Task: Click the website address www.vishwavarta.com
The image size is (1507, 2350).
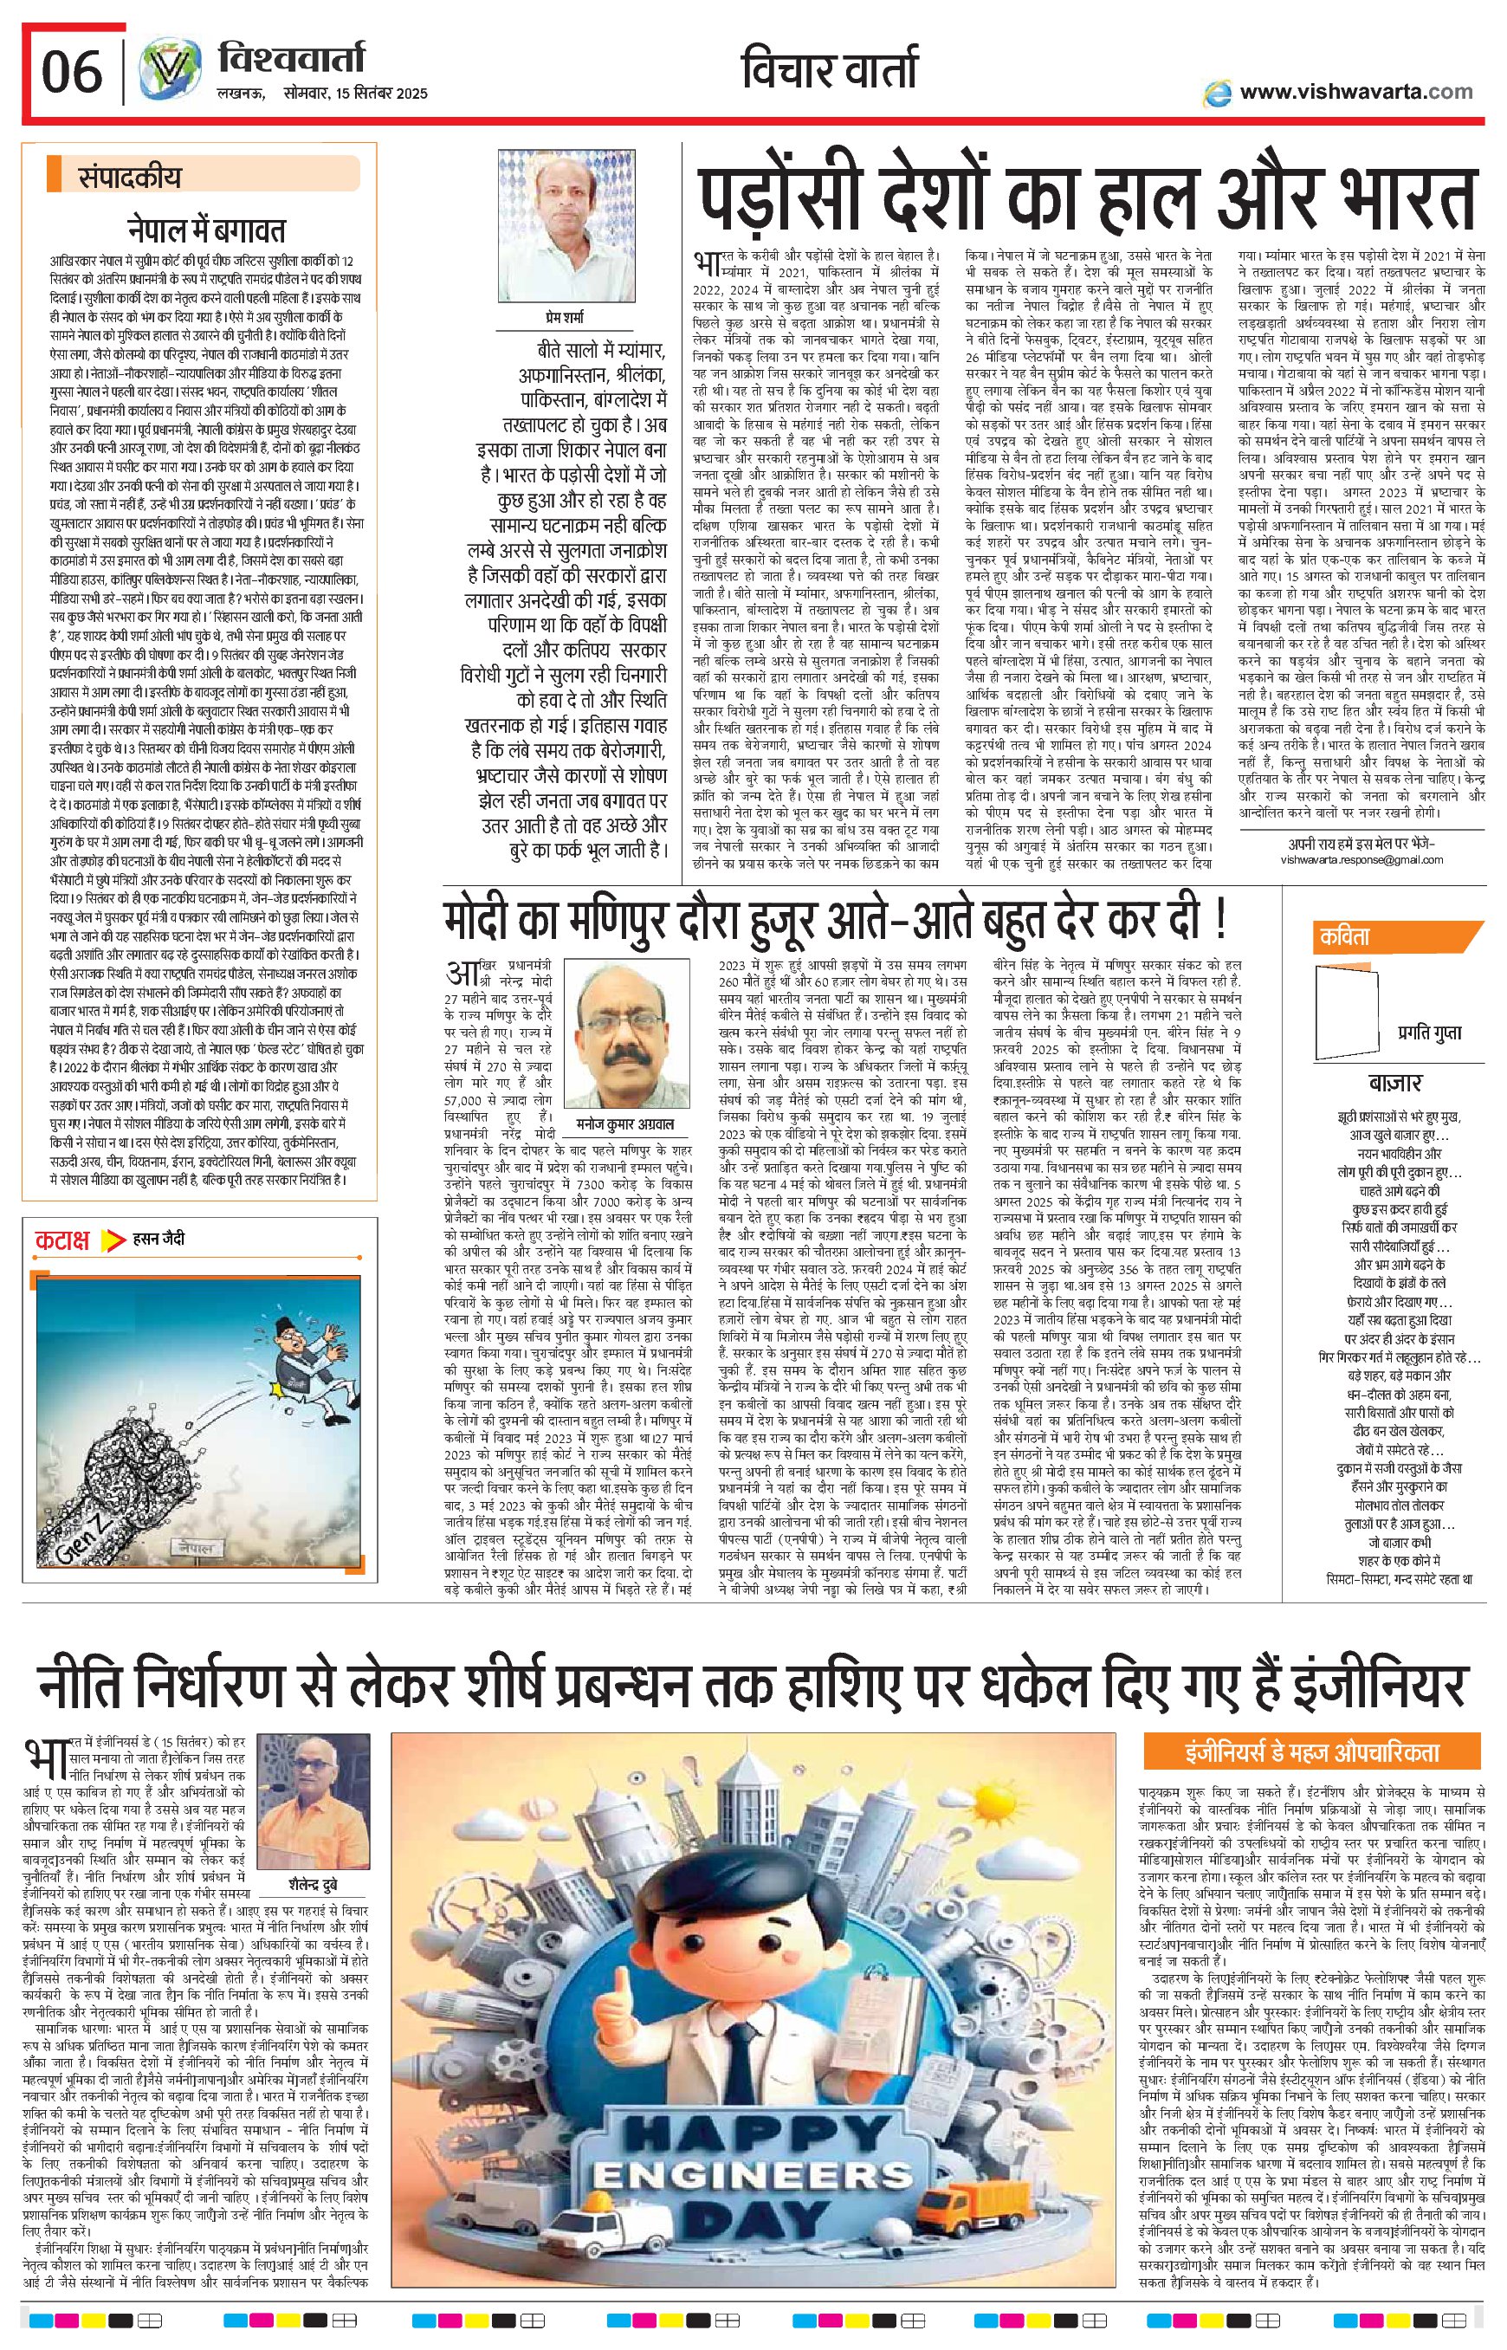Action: [x=1355, y=92]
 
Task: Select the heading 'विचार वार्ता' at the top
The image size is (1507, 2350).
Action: [x=831, y=71]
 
